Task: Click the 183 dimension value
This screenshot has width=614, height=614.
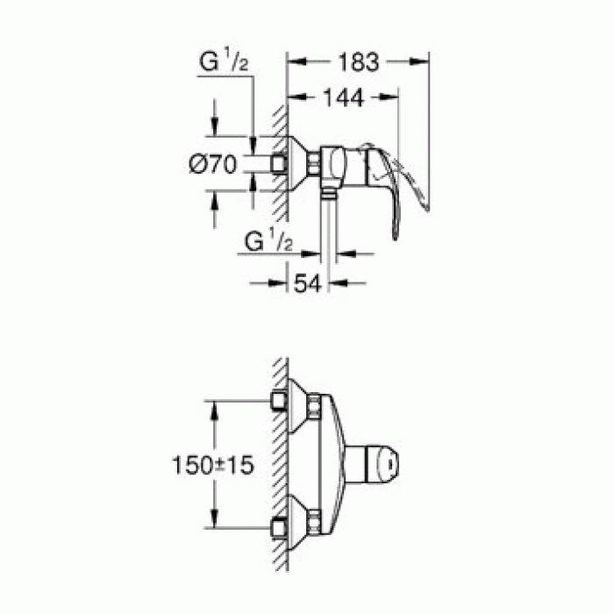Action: pos(359,62)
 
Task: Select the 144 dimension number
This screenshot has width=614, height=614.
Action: pos(341,99)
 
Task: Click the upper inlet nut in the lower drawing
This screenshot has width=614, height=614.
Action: pos(280,402)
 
